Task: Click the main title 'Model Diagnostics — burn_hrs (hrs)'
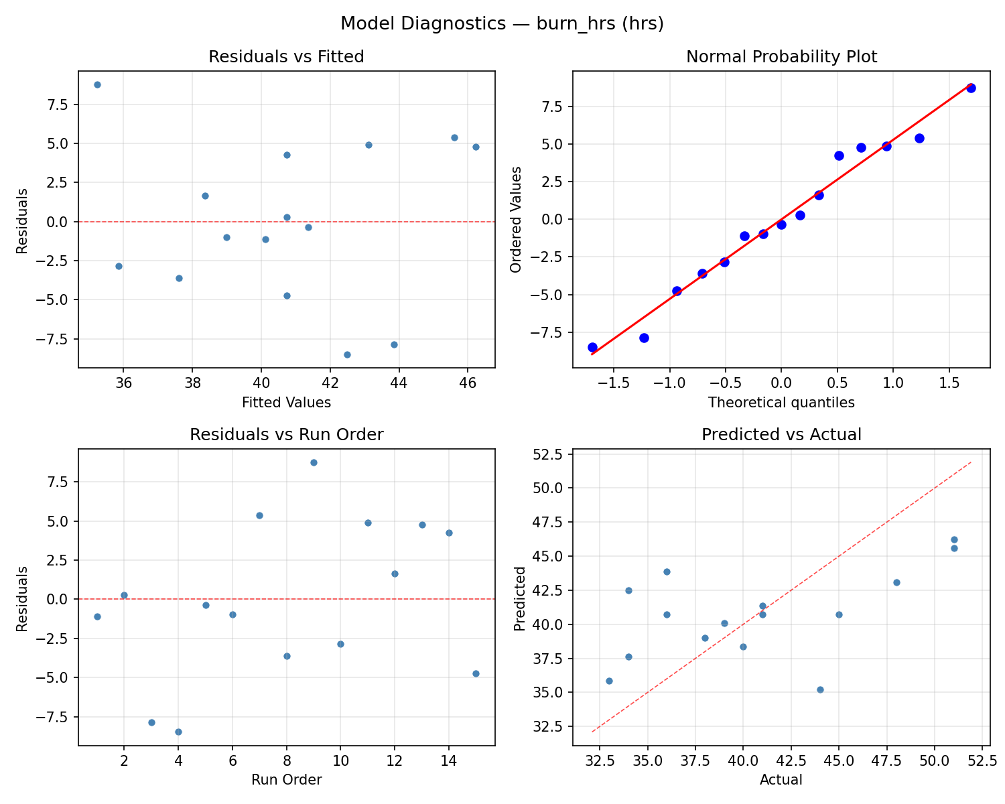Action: tap(502, 23)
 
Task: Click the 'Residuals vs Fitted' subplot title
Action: tap(286, 57)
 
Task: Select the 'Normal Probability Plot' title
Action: tap(781, 57)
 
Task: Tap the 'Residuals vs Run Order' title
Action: tap(286, 435)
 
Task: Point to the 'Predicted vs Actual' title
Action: tap(781, 435)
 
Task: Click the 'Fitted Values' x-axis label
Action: tap(286, 403)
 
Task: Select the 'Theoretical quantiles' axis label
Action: tap(781, 403)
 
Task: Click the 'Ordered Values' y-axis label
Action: tap(515, 220)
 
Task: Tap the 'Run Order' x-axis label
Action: tap(286, 780)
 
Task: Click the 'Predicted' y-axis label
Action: tap(519, 598)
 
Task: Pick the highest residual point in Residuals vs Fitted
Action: tap(97, 84)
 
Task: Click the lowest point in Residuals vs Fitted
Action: tap(347, 354)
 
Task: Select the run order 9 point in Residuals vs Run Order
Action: tap(314, 462)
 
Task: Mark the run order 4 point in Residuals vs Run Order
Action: tap(178, 732)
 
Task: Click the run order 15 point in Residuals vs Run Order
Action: tap(476, 673)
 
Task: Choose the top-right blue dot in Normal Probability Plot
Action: tap(971, 88)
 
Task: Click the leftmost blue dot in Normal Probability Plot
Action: tap(592, 347)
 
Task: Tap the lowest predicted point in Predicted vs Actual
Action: tap(820, 689)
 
